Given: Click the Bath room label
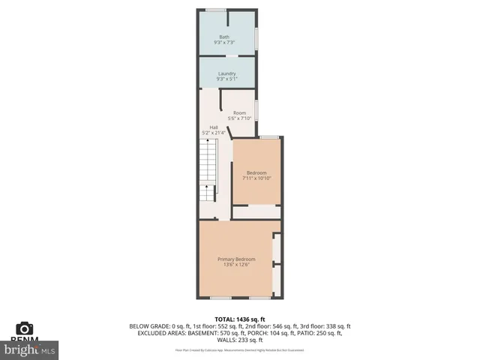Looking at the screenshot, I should click(224, 37).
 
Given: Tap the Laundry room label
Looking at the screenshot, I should click(226, 73).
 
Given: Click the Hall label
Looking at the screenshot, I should click(214, 127).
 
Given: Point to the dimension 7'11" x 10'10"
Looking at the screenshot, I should click(256, 178).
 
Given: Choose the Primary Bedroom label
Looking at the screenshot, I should click(236, 259).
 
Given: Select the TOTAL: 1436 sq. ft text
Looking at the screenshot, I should click(240, 319).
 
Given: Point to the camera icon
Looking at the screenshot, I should click(25, 328).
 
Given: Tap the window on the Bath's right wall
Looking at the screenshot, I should click(256, 37).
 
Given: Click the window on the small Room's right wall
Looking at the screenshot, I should click(256, 111).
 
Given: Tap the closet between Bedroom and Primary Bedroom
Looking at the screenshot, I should click(255, 212).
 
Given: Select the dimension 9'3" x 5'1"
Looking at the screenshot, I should click(226, 79).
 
